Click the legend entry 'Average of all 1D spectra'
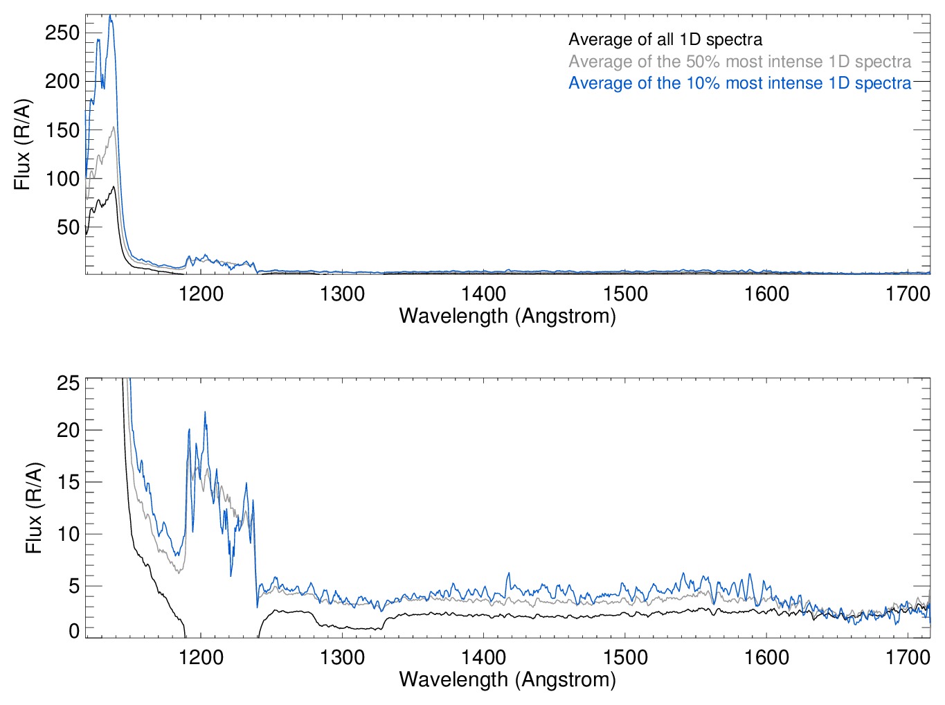click(665, 39)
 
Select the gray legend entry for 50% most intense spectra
click(739, 62)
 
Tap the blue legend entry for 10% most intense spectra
click(739, 83)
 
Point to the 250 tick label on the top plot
click(62, 33)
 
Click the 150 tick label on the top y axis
click(62, 130)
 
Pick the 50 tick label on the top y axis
click(68, 227)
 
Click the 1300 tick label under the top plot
click(342, 294)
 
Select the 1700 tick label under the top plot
click(908, 294)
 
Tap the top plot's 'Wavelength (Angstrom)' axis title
click(507, 316)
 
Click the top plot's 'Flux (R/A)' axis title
click(23, 144)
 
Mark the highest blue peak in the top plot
click(110, 16)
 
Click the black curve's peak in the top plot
click(114, 186)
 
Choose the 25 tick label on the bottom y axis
click(68, 383)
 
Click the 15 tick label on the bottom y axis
click(68, 482)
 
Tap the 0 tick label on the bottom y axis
click(74, 631)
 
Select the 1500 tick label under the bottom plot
click(625, 657)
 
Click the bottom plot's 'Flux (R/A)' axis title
click(34, 508)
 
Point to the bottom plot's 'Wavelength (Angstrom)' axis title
click(507, 679)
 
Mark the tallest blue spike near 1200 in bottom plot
click(205, 412)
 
